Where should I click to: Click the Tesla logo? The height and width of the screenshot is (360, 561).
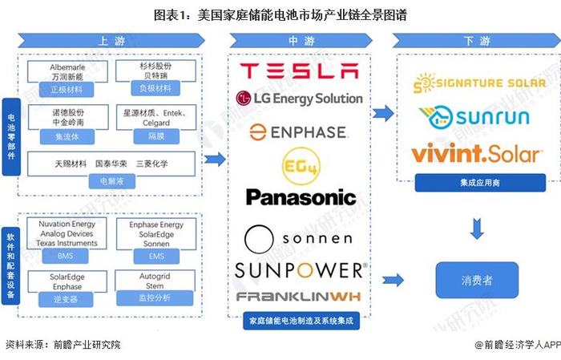(x=299, y=71)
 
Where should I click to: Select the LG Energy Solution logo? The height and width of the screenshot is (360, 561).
(x=299, y=99)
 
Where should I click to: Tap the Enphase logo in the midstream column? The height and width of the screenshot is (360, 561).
(x=297, y=131)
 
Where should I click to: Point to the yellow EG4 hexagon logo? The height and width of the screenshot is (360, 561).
(x=298, y=164)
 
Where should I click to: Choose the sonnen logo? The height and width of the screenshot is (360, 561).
(x=298, y=237)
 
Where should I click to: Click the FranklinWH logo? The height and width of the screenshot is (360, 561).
(x=299, y=297)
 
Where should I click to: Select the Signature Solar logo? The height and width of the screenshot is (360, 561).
(x=479, y=83)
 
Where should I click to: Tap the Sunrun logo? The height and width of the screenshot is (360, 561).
(x=479, y=118)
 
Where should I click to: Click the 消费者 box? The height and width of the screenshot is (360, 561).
(x=476, y=281)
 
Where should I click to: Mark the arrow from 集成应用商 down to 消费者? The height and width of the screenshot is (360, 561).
(x=476, y=230)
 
